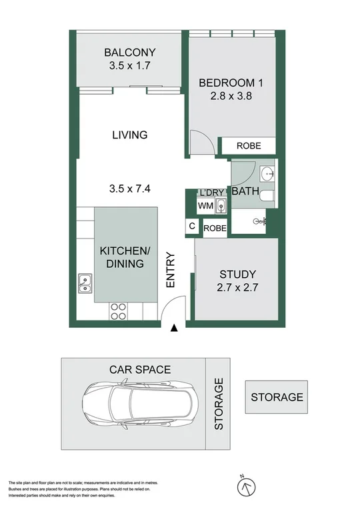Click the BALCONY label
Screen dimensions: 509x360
(129, 53)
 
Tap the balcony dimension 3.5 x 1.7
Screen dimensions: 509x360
(129, 66)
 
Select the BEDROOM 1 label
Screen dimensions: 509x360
(227, 83)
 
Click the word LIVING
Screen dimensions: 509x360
(129, 135)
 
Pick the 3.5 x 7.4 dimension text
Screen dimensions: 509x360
(129, 189)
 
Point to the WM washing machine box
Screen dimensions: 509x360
(205, 207)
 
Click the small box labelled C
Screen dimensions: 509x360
(192, 227)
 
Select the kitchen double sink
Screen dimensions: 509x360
(85, 284)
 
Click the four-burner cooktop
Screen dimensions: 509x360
(118, 310)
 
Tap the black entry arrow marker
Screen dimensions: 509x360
(174, 328)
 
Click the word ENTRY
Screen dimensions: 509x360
(171, 270)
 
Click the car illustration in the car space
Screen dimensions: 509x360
(140, 402)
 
